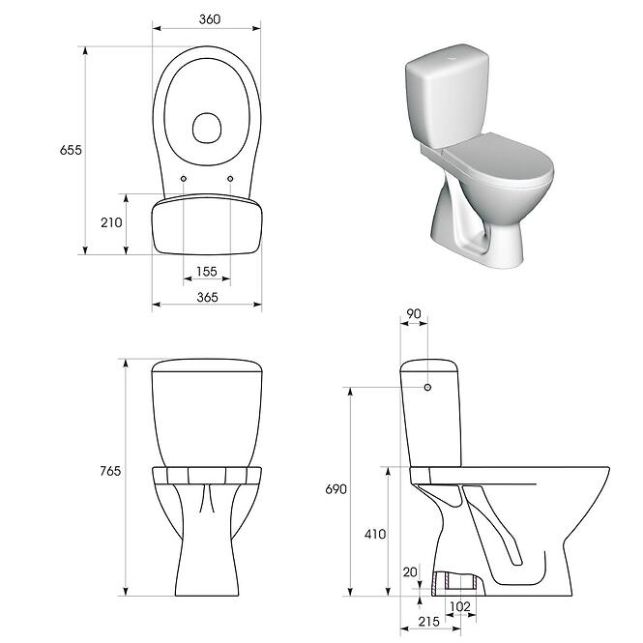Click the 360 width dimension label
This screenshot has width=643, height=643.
point(207,18)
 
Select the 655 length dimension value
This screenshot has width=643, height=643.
point(71,150)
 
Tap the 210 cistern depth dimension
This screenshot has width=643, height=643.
point(111,222)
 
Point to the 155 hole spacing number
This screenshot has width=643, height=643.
point(207,272)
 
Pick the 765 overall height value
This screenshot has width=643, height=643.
point(109,471)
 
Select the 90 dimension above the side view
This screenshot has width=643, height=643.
point(415,314)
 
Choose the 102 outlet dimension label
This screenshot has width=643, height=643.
point(461,606)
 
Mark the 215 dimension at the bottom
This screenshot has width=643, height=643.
point(431,621)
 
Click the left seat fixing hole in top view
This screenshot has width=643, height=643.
point(184,179)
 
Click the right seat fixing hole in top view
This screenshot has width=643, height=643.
point(230,179)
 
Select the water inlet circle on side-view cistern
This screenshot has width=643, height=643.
point(426,388)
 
